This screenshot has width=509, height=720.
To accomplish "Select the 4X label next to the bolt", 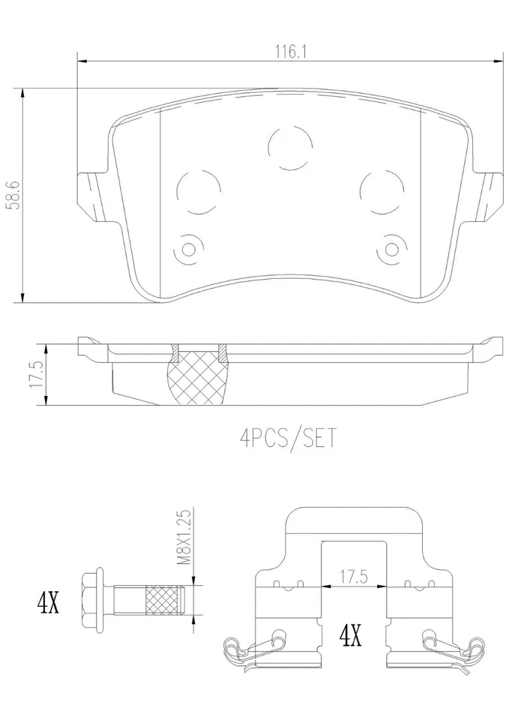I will tap(48, 601).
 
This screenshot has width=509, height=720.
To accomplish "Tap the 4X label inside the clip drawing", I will tap(351, 637).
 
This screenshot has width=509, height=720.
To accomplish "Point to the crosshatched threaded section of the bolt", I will tap(164, 601).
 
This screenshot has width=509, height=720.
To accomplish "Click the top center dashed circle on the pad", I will tap(291, 146).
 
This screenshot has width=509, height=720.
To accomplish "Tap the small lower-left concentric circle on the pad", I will tap(188, 248).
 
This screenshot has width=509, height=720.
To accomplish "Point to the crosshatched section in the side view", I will tap(199, 375).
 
